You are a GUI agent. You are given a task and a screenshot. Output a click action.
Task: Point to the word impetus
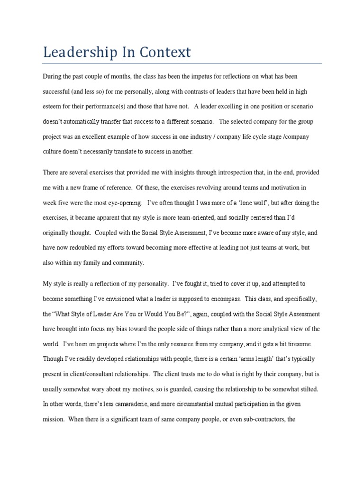coord(191,76)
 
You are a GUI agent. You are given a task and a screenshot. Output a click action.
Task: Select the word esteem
coord(53,107)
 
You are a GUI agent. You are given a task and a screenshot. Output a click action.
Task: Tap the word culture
coord(54,152)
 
